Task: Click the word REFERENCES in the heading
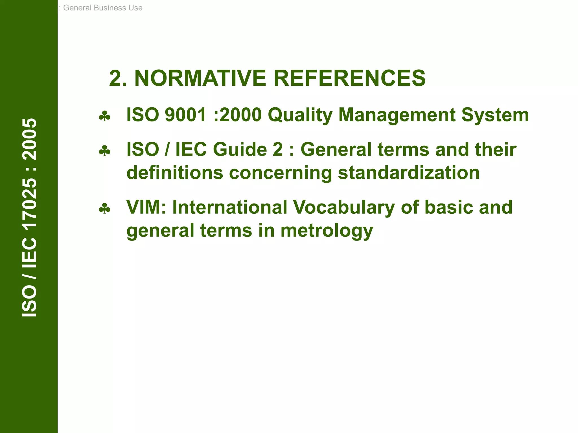(349, 78)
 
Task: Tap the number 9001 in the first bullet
(185, 115)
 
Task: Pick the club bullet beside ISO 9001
(104, 116)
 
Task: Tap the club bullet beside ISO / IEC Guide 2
(104, 151)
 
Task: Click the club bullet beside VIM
(104, 209)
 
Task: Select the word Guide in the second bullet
(240, 149)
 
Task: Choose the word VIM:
(146, 207)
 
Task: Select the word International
(230, 207)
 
